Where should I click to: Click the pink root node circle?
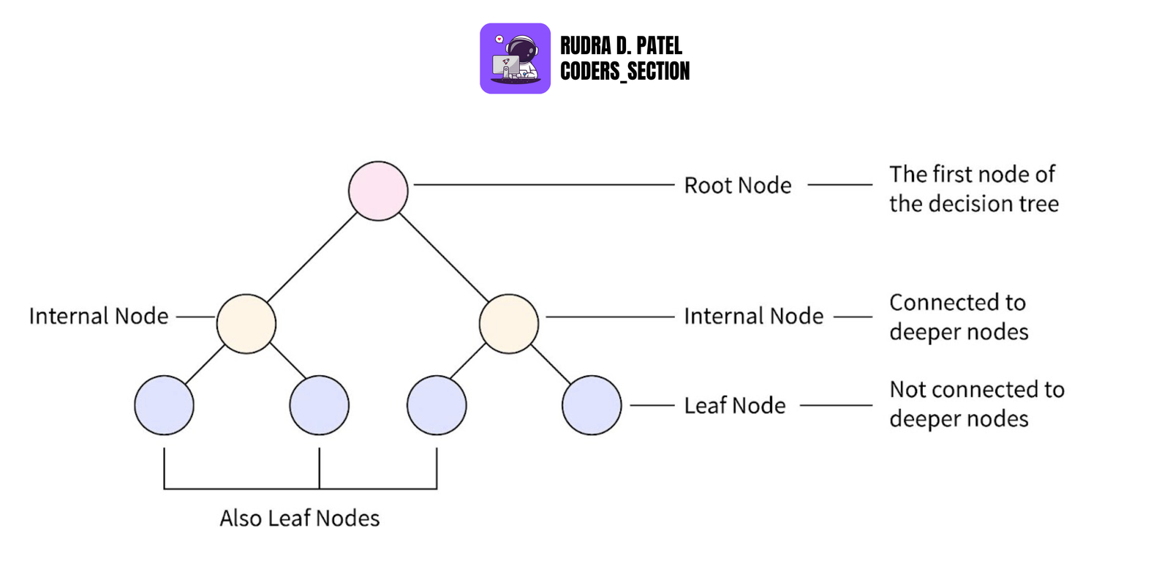coord(378,191)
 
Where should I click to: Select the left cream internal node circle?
coord(246,324)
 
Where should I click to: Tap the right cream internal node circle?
coord(509,324)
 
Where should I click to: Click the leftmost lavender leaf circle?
coord(164,405)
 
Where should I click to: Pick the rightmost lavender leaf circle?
coord(592,405)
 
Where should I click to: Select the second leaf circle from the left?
coord(319,405)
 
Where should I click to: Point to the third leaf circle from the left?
coord(437,405)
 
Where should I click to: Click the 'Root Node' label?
coord(737,186)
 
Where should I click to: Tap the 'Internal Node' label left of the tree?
coord(99,316)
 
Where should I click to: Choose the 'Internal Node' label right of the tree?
coord(753,316)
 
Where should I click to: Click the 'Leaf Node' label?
coord(734,405)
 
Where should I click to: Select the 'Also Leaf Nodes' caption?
coord(300,518)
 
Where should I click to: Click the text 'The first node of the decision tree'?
coord(973,189)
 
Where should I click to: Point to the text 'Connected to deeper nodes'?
coord(959,317)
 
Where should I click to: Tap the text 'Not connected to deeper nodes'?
coord(976,404)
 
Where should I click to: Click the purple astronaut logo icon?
coord(515,58)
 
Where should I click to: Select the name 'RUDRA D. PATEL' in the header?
coord(621,46)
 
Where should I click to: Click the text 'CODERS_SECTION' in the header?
coord(624,71)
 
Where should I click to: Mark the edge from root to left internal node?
coord(312,257)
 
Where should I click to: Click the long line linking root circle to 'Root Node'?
coord(543,185)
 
